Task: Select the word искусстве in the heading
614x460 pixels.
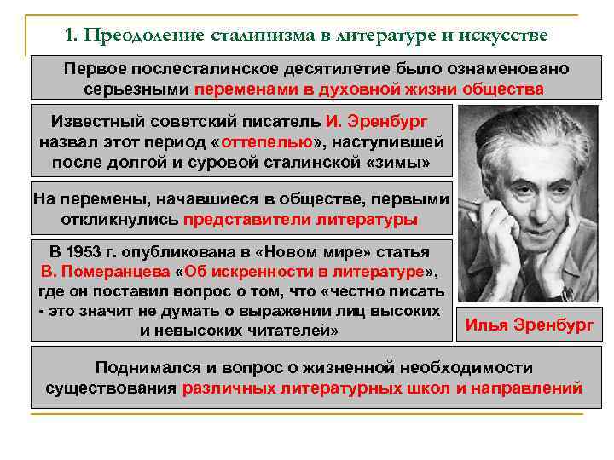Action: [x=503, y=36]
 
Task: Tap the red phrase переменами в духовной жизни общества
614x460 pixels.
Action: [x=368, y=89]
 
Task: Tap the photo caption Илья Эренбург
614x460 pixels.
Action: [x=529, y=325]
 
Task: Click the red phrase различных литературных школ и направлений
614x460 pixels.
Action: [x=382, y=388]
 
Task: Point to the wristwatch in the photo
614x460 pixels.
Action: [x=568, y=293]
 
